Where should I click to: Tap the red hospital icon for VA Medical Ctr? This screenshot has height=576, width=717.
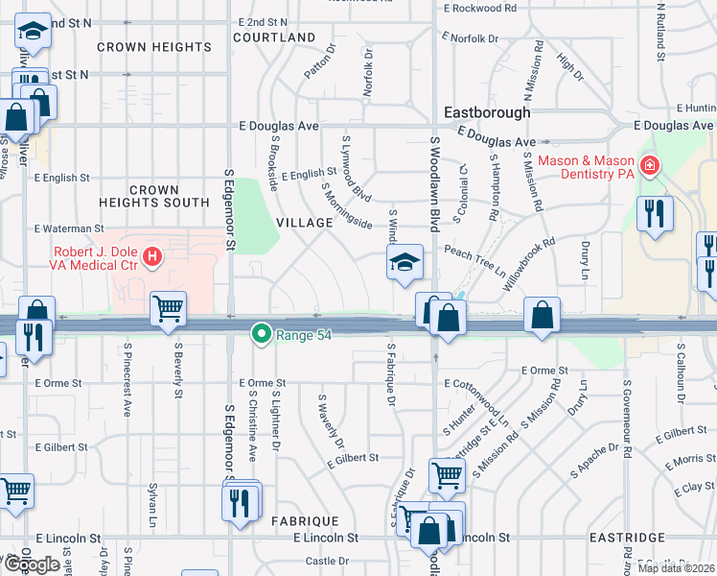[151, 257]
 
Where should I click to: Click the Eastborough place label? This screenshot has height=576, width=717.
[485, 112]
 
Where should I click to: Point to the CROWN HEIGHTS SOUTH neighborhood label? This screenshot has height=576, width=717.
[154, 197]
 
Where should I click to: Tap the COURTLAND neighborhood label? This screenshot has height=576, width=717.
[274, 37]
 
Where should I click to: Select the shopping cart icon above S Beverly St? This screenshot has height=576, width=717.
[168, 309]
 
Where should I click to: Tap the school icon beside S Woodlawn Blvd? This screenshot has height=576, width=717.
[405, 262]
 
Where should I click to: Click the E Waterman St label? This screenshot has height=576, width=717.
[68, 228]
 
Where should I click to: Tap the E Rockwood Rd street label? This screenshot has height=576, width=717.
[478, 9]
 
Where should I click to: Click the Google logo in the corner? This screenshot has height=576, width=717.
[32, 564]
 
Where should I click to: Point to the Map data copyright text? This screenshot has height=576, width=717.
[676, 568]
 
